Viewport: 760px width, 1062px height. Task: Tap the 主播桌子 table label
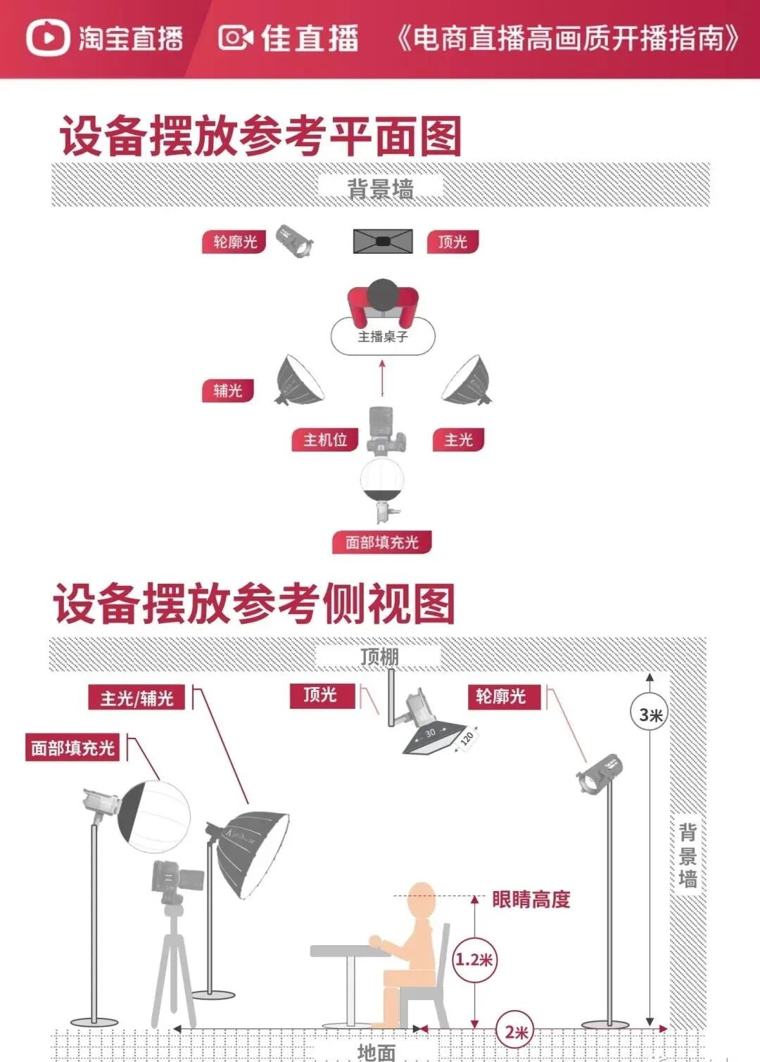point(383,337)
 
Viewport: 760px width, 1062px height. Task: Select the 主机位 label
point(325,440)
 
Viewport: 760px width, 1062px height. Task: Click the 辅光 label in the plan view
point(227,390)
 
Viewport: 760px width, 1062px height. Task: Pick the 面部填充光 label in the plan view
point(381,542)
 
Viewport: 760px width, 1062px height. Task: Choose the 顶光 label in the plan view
point(452,242)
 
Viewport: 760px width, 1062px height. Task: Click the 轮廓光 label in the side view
point(500,696)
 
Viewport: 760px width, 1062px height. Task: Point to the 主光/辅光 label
point(137,698)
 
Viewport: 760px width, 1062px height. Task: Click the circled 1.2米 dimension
point(474,959)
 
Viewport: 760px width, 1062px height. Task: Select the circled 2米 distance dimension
point(516,1032)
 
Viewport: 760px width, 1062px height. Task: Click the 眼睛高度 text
point(531,899)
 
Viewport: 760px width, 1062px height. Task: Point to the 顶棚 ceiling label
point(379,656)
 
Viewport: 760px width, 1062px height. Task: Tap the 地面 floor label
point(376,1051)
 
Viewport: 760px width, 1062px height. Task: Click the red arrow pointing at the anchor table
point(382,378)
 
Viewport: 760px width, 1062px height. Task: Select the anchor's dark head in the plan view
point(383,294)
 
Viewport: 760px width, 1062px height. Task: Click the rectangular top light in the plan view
point(382,241)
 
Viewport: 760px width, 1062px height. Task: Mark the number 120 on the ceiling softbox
point(467,738)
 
